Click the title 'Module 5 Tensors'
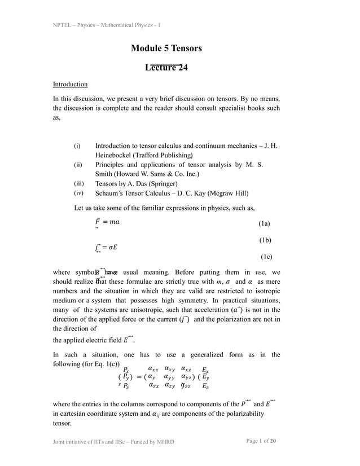(x=166, y=49)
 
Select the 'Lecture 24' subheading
(x=166, y=69)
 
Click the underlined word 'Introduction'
(x=70, y=85)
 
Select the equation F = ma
(x=107, y=223)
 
